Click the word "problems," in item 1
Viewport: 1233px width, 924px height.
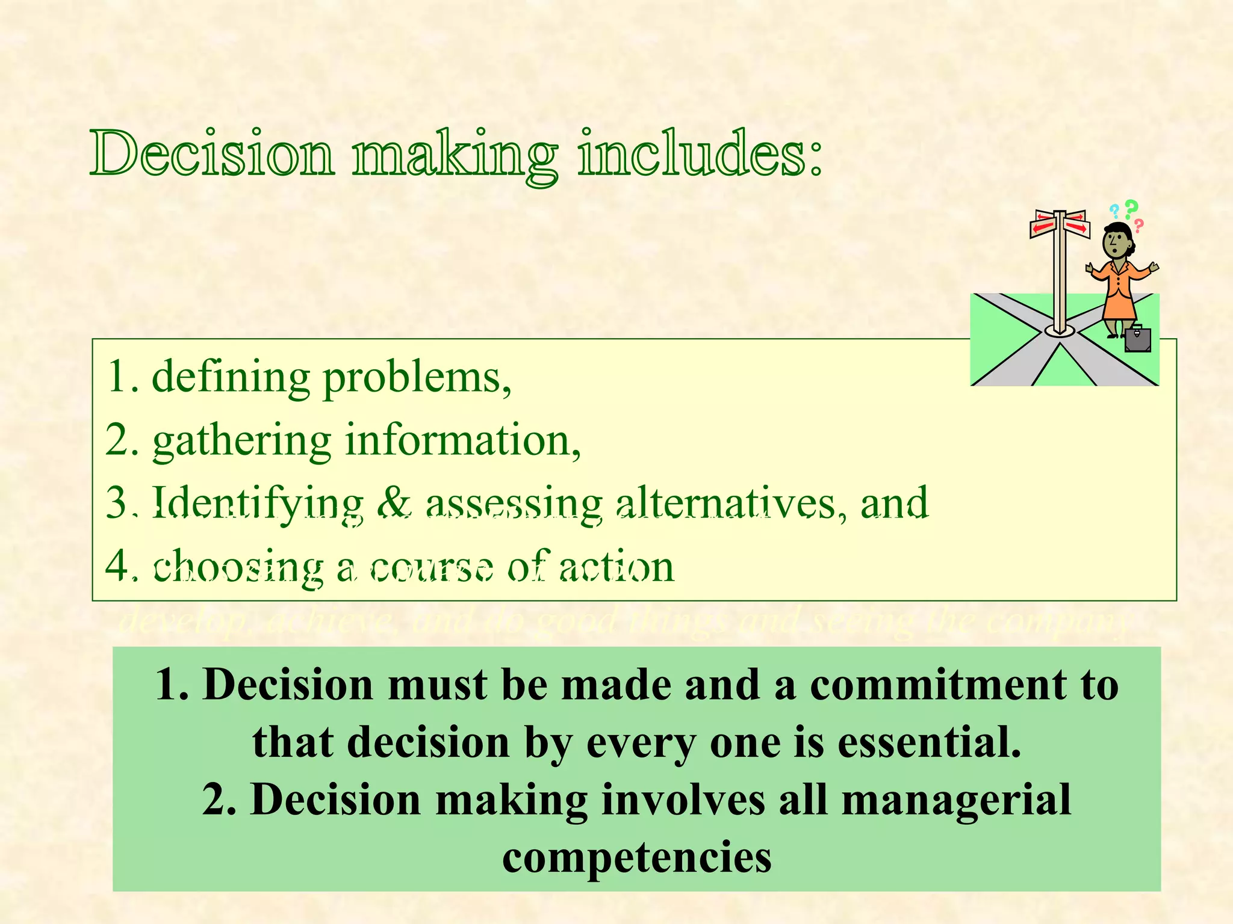(417, 378)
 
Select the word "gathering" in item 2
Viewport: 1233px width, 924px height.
(241, 442)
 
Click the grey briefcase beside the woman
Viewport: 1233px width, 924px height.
(1137, 339)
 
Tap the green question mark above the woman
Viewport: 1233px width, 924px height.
(1131, 208)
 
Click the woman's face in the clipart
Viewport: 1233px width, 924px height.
(1116, 242)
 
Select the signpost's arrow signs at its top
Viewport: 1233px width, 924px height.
(1060, 224)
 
